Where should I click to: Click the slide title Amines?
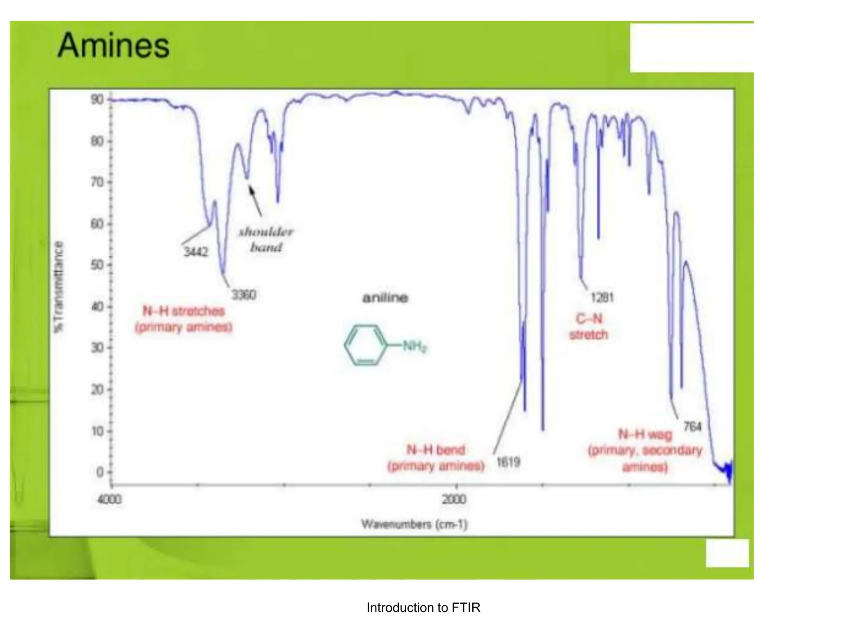click(x=113, y=46)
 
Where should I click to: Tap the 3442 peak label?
click(x=196, y=252)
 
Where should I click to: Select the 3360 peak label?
click(x=244, y=295)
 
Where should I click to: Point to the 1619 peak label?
click(x=508, y=462)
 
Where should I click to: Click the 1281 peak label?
click(x=602, y=297)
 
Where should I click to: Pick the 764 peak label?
click(x=692, y=426)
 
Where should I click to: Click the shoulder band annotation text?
click(x=266, y=239)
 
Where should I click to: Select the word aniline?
click(x=385, y=298)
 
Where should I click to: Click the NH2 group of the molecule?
click(x=414, y=346)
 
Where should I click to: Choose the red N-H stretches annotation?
click(x=184, y=319)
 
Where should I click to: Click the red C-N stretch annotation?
click(x=589, y=326)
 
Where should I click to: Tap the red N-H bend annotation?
click(x=436, y=458)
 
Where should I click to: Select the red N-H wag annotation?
click(x=645, y=450)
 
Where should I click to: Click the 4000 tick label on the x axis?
click(x=110, y=499)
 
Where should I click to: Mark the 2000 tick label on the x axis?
click(x=454, y=499)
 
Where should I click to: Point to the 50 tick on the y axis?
click(x=98, y=265)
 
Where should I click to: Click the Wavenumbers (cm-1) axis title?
click(x=414, y=524)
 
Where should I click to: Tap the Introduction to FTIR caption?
click(x=423, y=607)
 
